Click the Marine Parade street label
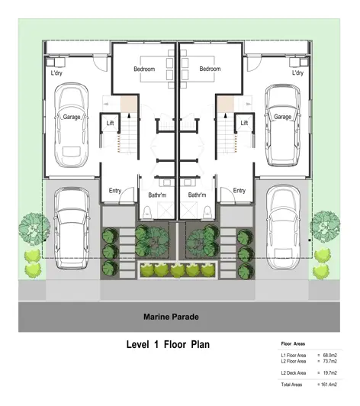[x=171, y=317]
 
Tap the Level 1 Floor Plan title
[x=168, y=345]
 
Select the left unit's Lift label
[x=110, y=123]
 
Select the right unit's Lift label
[x=244, y=123]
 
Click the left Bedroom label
[x=144, y=69]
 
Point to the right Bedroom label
[x=210, y=69]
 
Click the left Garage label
[x=72, y=117]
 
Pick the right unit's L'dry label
[x=297, y=72]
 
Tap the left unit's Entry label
[x=115, y=191]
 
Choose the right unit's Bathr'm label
[x=197, y=195]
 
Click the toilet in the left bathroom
[x=147, y=212]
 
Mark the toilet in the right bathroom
[x=207, y=212]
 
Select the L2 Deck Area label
[x=294, y=373]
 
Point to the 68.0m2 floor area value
[x=330, y=356]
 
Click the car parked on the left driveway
[x=72, y=228]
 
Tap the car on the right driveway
[x=284, y=227]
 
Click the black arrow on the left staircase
[x=129, y=115]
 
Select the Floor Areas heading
[x=293, y=344]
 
